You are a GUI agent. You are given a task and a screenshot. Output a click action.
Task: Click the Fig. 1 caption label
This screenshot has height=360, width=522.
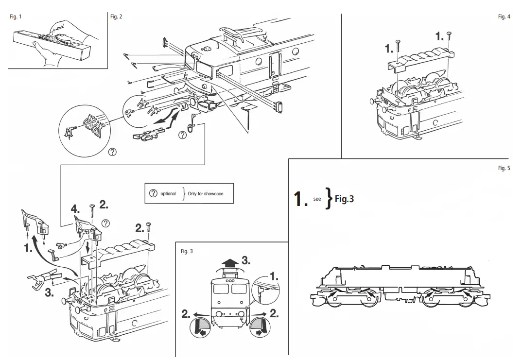(x=16, y=17)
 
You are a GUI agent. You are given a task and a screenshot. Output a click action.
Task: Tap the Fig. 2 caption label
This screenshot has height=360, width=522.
(x=116, y=17)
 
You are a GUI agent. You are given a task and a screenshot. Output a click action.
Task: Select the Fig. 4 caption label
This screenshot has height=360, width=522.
(x=504, y=17)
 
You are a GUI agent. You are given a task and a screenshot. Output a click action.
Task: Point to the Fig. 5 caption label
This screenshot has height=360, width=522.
(x=504, y=168)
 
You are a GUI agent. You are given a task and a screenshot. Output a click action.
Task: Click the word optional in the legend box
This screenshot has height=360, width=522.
(x=168, y=193)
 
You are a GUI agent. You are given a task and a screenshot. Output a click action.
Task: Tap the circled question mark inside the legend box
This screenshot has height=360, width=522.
(x=153, y=193)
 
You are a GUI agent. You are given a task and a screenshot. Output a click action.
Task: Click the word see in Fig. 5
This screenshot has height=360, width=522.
(x=317, y=199)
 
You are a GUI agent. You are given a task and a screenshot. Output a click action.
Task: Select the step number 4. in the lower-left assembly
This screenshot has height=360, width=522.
(x=75, y=209)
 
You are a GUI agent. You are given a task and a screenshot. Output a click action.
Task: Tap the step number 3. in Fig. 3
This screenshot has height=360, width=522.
(x=246, y=260)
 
